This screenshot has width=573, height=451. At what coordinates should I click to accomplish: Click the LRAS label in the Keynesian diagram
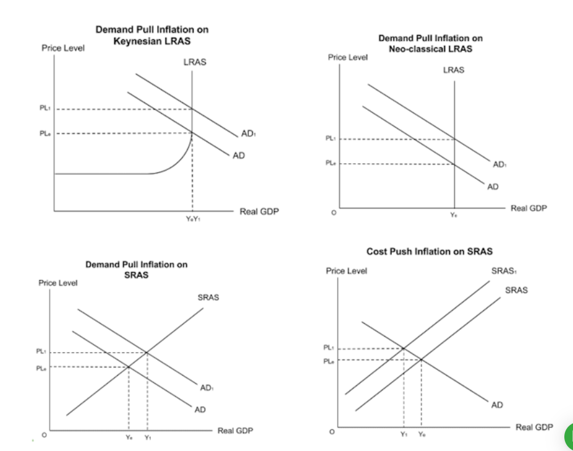(x=195, y=62)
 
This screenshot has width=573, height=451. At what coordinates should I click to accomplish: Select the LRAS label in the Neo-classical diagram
(x=454, y=70)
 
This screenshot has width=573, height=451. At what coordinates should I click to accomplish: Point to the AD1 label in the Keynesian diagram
(x=248, y=134)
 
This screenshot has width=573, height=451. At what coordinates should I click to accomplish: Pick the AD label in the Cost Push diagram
(x=497, y=405)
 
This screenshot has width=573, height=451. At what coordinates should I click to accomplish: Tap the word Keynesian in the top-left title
(x=136, y=40)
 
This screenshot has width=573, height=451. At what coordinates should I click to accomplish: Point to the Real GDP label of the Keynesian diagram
(x=259, y=211)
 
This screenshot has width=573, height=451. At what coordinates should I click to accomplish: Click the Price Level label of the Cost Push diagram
(x=346, y=271)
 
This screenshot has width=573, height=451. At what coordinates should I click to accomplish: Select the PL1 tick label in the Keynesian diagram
(x=45, y=109)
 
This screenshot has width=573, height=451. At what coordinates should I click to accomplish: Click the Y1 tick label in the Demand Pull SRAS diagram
(x=148, y=437)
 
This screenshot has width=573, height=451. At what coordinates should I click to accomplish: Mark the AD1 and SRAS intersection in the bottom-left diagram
(x=147, y=352)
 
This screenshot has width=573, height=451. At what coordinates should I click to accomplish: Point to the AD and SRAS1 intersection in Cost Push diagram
(x=404, y=348)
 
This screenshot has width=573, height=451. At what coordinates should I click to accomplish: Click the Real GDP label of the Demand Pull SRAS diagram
(x=235, y=431)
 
